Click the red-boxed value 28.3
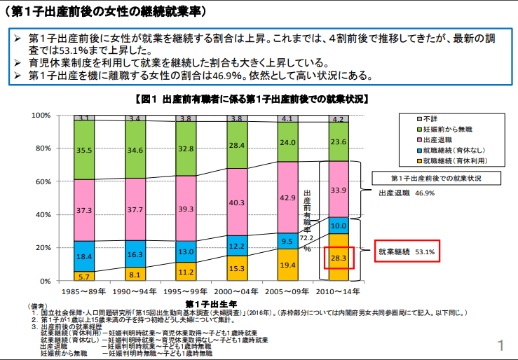pos(337,258)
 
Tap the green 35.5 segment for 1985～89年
pos(84,150)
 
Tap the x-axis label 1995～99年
pos(186,289)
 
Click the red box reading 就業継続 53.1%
pos(407,250)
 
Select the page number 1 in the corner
pos(500,345)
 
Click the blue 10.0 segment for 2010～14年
pos(337,226)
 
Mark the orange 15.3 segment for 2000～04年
pos(236,268)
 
